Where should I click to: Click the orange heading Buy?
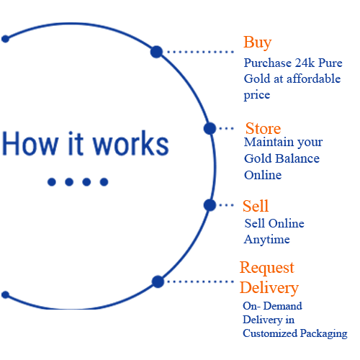tap(257, 42)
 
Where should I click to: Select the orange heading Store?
tap(263, 128)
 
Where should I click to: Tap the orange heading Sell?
tap(256, 206)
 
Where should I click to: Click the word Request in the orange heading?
tap(267, 268)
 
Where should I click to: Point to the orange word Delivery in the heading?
tap(269, 288)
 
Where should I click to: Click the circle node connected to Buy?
tap(156, 52)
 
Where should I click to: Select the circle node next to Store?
tap(210, 128)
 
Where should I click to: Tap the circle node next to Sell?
tap(210, 205)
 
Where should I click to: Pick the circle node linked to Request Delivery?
tap(158, 282)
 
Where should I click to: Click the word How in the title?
tap(30, 143)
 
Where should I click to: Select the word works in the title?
tap(131, 143)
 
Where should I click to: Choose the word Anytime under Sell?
tap(267, 240)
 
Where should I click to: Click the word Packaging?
tap(324, 334)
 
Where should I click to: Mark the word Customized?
tap(270, 333)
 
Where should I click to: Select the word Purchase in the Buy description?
tap(268, 63)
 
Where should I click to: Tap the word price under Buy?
tap(257, 95)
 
